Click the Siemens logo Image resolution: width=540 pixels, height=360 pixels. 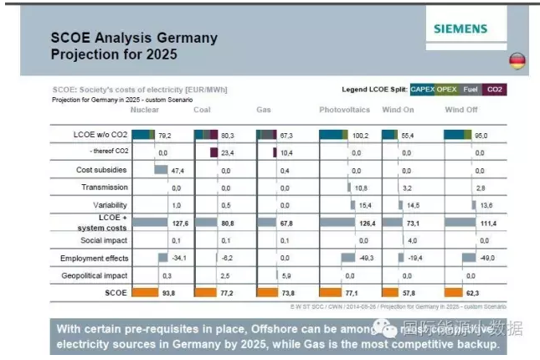[460, 28]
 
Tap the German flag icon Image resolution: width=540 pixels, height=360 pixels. [517, 61]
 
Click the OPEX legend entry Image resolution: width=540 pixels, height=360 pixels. [447, 89]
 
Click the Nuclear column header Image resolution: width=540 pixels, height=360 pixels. [145, 110]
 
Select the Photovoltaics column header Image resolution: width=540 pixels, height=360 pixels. [344, 110]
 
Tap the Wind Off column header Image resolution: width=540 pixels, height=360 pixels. [462, 110]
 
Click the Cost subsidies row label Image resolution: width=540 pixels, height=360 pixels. [102, 169]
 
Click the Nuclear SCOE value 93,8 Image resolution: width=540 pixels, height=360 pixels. [168, 293]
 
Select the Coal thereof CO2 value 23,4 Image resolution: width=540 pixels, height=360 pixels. [227, 152]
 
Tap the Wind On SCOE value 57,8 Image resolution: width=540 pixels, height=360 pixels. [410, 293]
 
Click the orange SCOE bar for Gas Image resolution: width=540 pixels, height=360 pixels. [267, 292]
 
